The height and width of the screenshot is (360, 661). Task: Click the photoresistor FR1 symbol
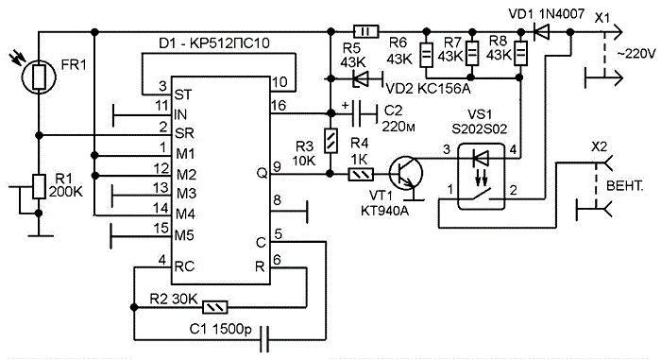tap(39, 77)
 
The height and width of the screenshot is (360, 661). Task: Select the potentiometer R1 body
tap(39, 186)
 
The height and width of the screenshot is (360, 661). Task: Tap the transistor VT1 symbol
tap(405, 173)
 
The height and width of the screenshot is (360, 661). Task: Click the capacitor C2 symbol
tap(364, 113)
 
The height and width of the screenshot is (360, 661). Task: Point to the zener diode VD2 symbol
tap(362, 78)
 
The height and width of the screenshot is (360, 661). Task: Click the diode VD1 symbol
tap(541, 31)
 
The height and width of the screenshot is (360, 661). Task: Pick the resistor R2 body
tap(215, 307)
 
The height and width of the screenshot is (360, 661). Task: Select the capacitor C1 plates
tap(264, 338)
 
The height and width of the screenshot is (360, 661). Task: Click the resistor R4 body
tap(361, 174)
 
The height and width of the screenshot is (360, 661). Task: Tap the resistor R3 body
tap(330, 141)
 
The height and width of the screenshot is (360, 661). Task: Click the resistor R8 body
tap(521, 53)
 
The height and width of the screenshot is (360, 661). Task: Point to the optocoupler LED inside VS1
tap(481, 159)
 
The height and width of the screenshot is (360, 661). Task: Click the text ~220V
tap(636, 55)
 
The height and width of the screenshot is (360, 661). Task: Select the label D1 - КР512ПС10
tap(214, 43)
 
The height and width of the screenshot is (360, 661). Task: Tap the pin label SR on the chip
tap(184, 133)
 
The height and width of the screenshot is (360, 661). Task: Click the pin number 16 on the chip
tap(279, 106)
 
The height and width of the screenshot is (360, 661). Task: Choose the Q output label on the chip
tap(262, 173)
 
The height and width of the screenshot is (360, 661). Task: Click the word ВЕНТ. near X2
tap(625, 186)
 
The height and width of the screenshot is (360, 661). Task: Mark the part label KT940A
tap(384, 211)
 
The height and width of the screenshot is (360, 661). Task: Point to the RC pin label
tap(185, 266)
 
